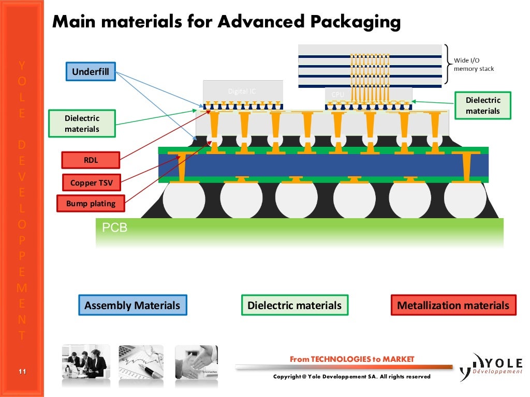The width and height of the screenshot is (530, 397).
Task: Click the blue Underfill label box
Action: click(x=91, y=72)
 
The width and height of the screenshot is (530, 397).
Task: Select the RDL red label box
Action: click(x=91, y=160)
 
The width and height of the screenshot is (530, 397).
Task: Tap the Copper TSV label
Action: click(x=91, y=182)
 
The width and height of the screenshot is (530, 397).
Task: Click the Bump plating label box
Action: click(x=91, y=204)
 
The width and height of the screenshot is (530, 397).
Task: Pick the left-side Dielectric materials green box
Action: click(x=82, y=124)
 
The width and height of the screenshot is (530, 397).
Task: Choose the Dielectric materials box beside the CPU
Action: click(x=482, y=105)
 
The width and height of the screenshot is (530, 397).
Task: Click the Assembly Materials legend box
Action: click(x=132, y=306)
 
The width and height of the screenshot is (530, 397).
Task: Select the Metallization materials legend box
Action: click(x=453, y=306)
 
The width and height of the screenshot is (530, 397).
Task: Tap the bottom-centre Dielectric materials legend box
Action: click(x=295, y=306)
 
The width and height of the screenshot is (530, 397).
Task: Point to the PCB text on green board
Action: click(x=115, y=227)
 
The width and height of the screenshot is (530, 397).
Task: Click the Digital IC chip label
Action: click(x=242, y=91)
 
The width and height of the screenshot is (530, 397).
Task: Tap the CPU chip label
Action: click(x=337, y=95)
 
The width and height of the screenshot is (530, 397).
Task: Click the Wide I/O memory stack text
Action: click(x=474, y=65)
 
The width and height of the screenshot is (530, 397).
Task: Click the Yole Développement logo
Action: click(x=492, y=366)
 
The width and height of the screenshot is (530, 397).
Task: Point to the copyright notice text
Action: click(x=351, y=377)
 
